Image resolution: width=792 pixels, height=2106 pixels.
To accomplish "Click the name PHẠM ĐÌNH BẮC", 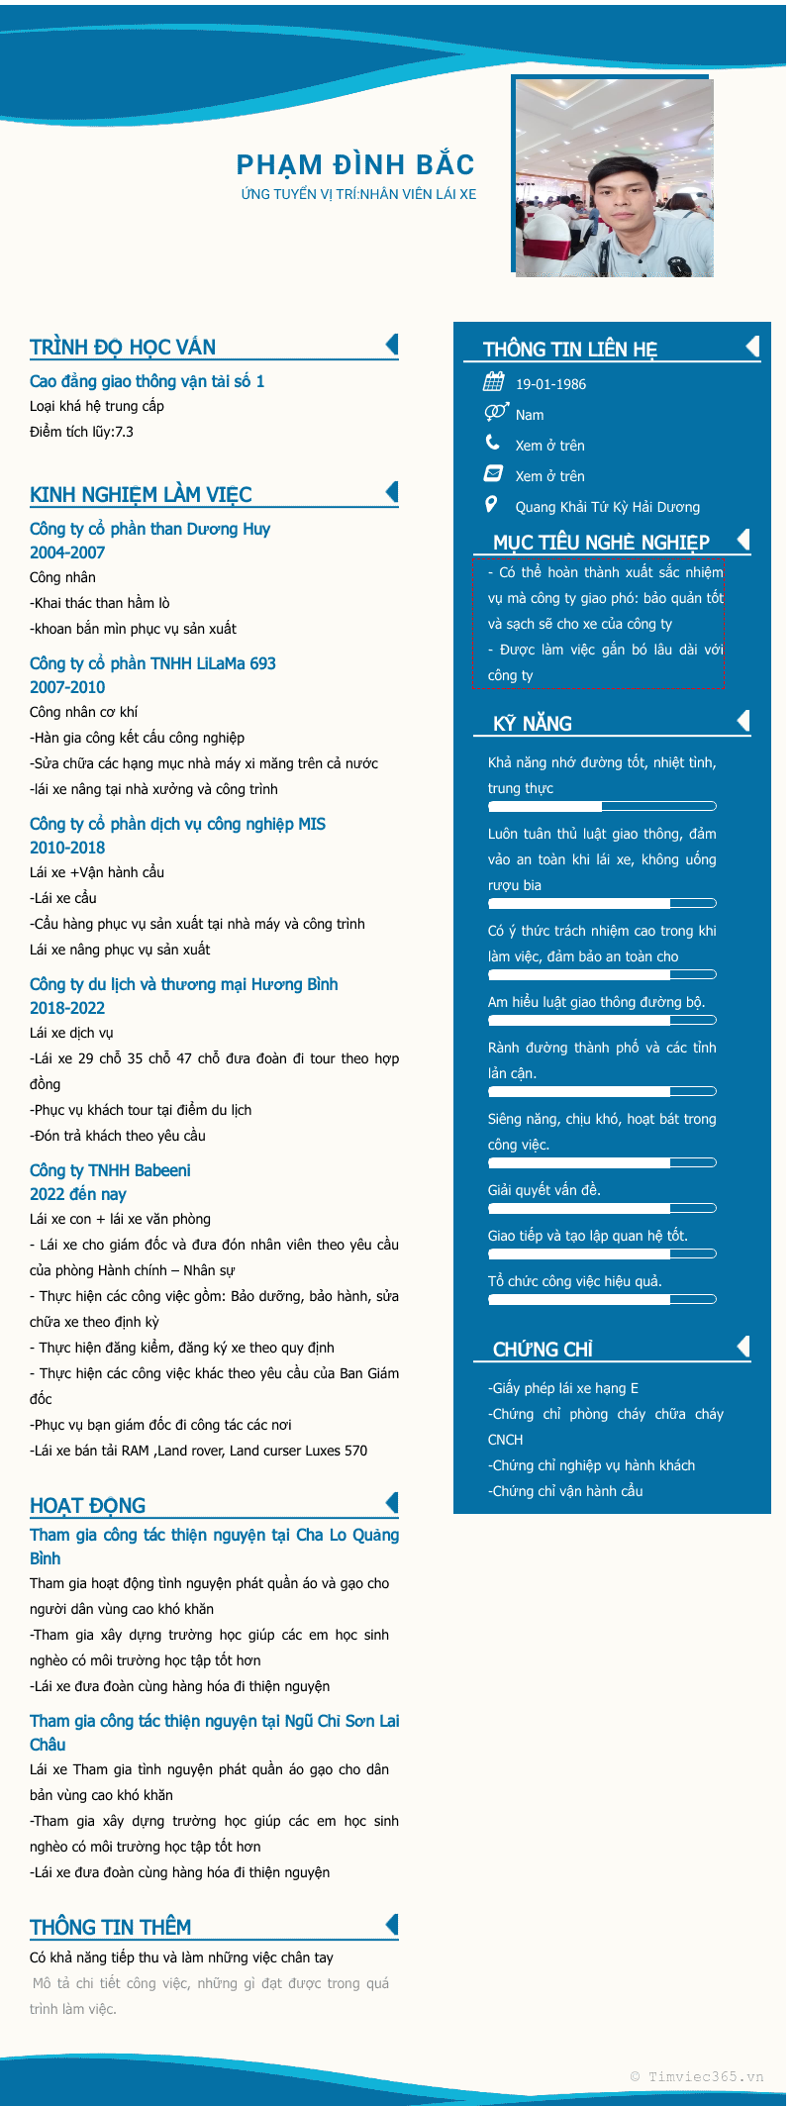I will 355,164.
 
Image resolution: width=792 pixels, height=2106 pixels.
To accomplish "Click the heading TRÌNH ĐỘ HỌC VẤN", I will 123,348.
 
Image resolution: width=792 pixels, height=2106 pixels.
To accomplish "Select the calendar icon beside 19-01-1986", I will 493,382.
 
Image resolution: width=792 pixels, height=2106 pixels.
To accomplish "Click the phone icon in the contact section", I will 493,443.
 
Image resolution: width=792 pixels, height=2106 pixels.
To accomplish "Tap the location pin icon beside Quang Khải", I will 491,505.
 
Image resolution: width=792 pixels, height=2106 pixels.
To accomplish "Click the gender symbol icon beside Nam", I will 495,413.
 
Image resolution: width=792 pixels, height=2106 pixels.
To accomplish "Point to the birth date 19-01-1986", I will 550,384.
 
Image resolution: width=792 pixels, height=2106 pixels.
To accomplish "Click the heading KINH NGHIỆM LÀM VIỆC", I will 141,495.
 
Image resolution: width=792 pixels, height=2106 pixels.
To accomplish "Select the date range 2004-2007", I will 67,552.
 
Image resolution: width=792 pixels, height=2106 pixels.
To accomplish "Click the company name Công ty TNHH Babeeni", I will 110,1170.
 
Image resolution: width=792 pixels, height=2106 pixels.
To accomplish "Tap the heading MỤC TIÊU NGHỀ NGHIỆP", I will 601,543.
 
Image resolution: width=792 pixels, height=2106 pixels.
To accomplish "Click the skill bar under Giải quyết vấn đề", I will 602,1208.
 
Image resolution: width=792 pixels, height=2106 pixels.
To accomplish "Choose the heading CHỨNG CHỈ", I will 543,1350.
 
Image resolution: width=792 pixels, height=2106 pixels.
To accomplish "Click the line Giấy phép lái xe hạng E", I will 564,1388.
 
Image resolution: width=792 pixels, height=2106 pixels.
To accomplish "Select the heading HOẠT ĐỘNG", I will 88,1506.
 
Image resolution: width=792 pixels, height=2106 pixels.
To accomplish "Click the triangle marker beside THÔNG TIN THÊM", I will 392,1924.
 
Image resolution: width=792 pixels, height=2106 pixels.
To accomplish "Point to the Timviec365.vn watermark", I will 697,2076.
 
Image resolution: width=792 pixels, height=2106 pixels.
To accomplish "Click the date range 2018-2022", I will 67,1008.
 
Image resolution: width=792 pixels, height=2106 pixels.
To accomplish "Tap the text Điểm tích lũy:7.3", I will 81,432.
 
